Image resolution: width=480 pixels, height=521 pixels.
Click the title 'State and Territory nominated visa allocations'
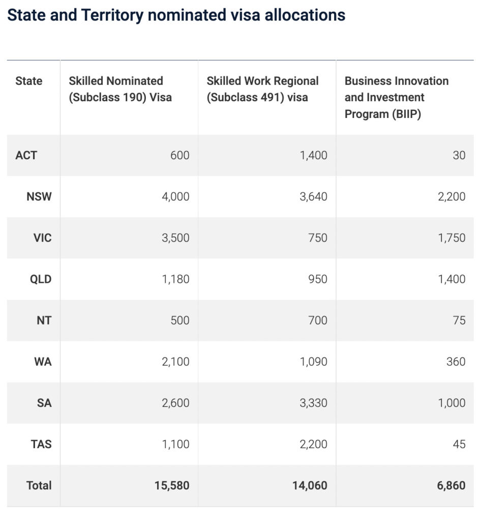point(176,15)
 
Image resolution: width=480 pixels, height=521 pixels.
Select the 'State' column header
point(29,81)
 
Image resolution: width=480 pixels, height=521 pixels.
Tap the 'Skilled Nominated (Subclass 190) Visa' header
point(120,89)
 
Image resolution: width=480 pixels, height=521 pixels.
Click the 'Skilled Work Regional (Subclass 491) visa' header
point(262,89)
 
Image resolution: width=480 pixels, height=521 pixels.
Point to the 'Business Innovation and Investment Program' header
point(397,97)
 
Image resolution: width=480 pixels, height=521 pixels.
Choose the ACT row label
point(26,155)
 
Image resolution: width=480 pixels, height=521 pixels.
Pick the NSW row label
point(39,196)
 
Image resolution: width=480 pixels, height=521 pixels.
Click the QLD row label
point(41,279)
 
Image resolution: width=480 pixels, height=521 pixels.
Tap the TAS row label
point(41,444)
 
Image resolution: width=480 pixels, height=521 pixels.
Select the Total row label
point(39,485)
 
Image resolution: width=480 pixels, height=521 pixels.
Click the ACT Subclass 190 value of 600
point(179,155)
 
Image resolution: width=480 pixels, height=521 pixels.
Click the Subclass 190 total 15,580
point(172,485)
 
